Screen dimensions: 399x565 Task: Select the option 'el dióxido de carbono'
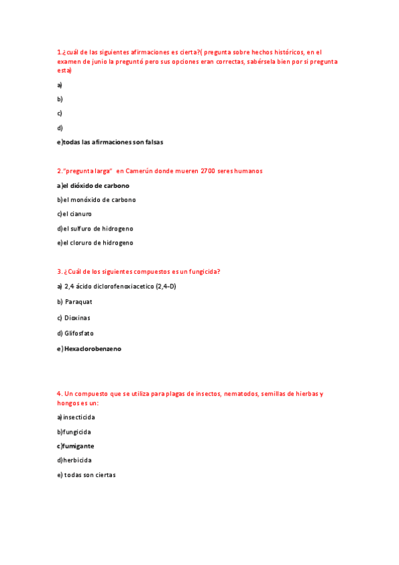tap(96, 185)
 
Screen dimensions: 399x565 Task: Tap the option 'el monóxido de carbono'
tap(99, 199)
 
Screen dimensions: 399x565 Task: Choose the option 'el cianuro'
tap(77, 214)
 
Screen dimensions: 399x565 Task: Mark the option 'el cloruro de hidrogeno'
tap(97, 243)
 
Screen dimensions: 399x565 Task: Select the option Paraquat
tap(78, 302)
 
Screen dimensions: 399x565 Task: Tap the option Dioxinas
tap(77, 317)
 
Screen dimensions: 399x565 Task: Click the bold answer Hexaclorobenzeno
tap(93, 348)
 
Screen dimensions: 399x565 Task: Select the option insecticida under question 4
tap(79, 417)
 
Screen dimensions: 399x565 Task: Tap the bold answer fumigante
tap(78, 446)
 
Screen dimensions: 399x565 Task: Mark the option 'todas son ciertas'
tap(90, 474)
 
